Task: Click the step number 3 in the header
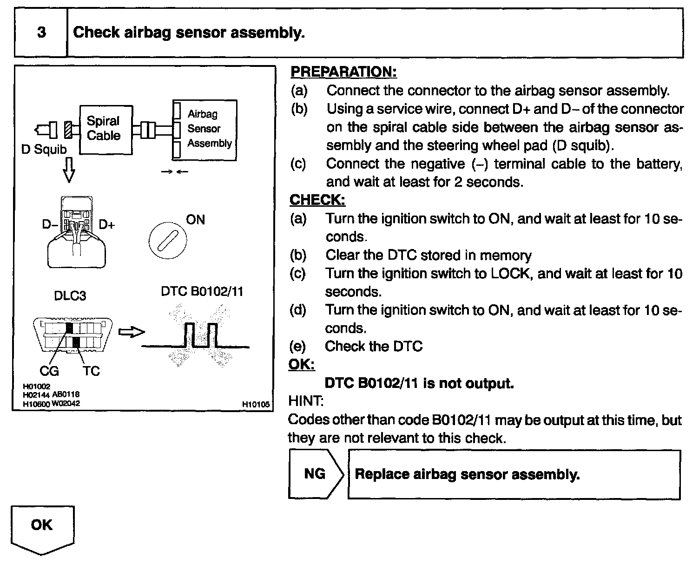point(41,33)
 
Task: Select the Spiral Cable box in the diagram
point(106,129)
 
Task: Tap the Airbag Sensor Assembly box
point(204,130)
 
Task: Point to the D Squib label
point(44,150)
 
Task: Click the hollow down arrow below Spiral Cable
point(69,171)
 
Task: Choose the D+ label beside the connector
point(107,225)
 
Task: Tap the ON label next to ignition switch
point(195,220)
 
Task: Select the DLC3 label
point(70,296)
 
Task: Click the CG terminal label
point(49,371)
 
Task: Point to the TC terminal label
point(91,371)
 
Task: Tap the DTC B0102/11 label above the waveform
point(202,291)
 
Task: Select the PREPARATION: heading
point(343,72)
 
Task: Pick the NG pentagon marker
point(316,474)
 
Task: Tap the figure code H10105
point(256,405)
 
